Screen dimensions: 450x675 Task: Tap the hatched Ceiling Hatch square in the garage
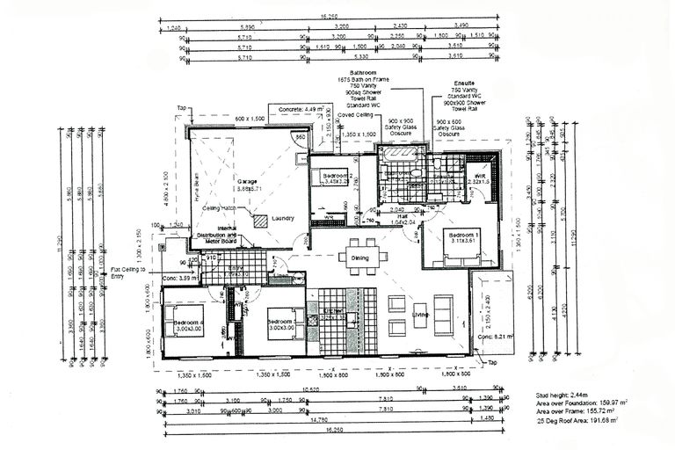261,221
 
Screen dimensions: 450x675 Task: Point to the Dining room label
360,258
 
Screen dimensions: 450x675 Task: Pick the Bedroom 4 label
188,323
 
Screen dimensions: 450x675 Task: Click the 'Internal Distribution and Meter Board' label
220,235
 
